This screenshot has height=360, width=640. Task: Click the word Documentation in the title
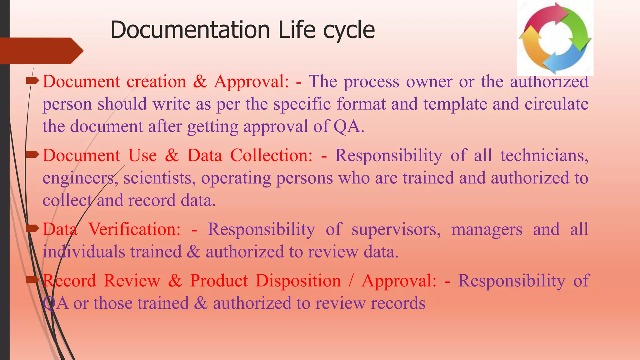pyautogui.click(x=190, y=30)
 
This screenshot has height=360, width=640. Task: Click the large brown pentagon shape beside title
pyautogui.click(x=41, y=51)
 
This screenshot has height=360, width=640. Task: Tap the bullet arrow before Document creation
pyautogui.click(x=32, y=81)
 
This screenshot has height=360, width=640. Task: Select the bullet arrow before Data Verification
pyautogui.click(x=32, y=229)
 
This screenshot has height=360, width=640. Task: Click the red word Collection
pyautogui.click(x=271, y=155)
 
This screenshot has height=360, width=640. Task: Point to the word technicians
pyautogui.click(x=544, y=155)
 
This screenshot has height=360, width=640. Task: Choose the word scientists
pyautogui.click(x=160, y=178)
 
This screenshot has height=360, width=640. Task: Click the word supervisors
pyautogui.click(x=396, y=229)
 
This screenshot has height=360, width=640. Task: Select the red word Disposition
pyautogui.click(x=298, y=281)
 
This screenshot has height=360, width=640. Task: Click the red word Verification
pyautogui.click(x=134, y=229)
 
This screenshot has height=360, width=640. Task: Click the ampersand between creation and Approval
pyautogui.click(x=200, y=82)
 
